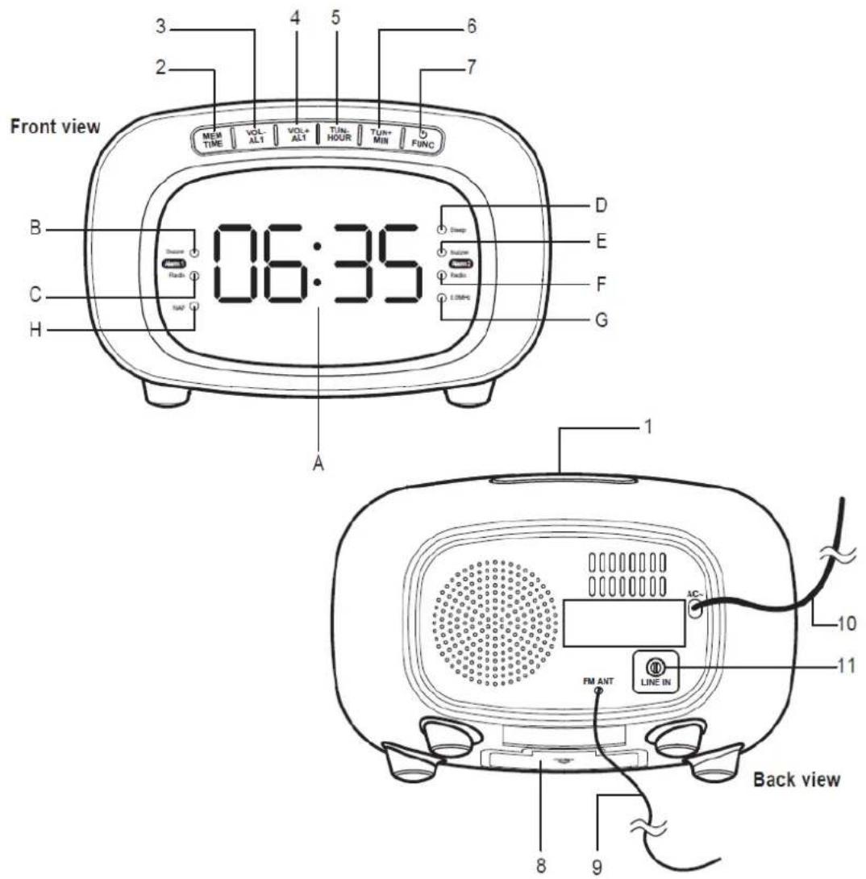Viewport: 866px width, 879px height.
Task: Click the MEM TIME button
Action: tap(213, 138)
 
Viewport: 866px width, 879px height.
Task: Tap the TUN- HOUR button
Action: tap(338, 134)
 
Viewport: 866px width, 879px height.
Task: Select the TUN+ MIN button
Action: tap(380, 135)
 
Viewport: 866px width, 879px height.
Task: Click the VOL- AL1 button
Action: tap(254, 134)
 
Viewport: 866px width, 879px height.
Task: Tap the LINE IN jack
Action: tap(656, 668)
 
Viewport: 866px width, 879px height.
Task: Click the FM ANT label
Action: tap(598, 681)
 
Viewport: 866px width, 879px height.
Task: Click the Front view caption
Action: tap(55, 127)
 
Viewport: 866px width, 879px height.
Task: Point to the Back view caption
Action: tap(796, 780)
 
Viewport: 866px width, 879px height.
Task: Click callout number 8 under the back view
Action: tap(541, 865)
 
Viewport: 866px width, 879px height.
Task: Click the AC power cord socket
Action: tap(693, 609)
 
